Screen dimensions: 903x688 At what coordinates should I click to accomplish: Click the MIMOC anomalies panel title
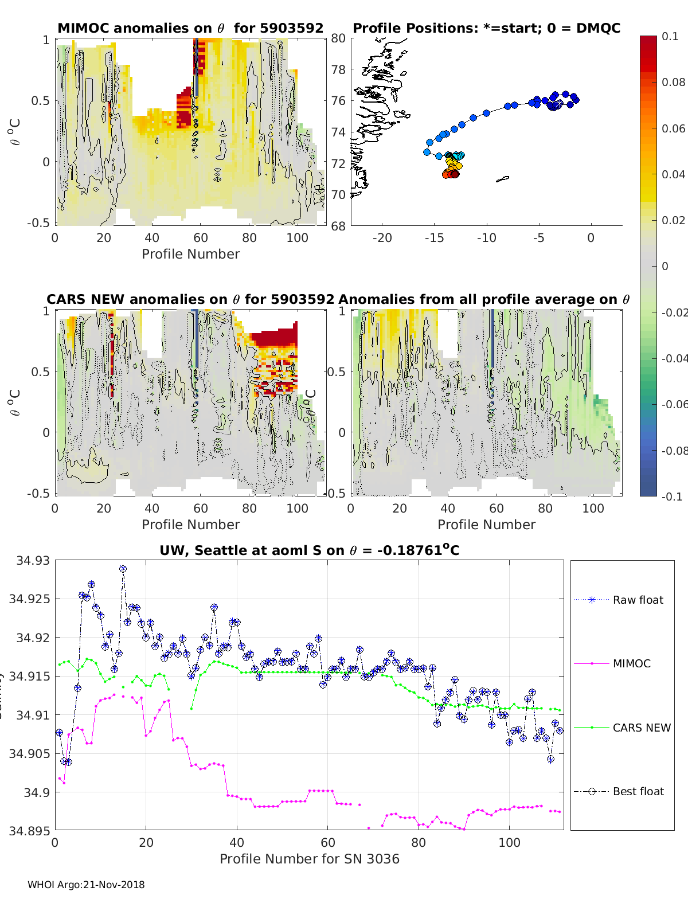pyautogui.click(x=190, y=28)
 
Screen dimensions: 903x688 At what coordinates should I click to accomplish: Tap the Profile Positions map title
pyautogui.click(x=486, y=28)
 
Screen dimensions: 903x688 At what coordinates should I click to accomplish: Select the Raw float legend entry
pyautogui.click(x=638, y=600)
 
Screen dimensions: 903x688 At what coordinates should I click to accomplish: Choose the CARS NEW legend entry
pyautogui.click(x=641, y=728)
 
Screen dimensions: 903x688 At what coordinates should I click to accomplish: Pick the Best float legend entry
pyautogui.click(x=638, y=791)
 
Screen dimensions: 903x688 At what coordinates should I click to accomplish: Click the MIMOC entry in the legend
pyautogui.click(x=631, y=663)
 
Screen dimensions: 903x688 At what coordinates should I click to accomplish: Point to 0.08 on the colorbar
pyautogui.click(x=673, y=82)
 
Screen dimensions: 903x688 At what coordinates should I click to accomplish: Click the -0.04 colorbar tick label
pyautogui.click(x=674, y=358)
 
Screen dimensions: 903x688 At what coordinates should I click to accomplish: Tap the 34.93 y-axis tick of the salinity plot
pyautogui.click(x=33, y=561)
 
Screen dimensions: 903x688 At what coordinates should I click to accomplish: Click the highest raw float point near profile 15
pyautogui.click(x=123, y=569)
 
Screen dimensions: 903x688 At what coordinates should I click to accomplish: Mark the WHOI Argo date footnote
pyautogui.click(x=86, y=885)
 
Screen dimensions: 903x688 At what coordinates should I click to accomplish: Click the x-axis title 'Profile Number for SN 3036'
pyautogui.click(x=309, y=859)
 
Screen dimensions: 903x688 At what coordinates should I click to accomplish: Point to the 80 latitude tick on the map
pyautogui.click(x=338, y=38)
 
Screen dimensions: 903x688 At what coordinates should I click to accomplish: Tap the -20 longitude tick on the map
pyautogui.click(x=382, y=238)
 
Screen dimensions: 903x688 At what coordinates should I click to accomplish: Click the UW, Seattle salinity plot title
pyautogui.click(x=309, y=550)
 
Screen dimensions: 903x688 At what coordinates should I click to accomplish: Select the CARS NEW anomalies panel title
pyautogui.click(x=190, y=299)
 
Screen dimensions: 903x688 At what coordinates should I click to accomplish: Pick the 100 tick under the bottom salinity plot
pyautogui.click(x=509, y=843)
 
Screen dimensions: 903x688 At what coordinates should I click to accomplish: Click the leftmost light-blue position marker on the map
pyautogui.click(x=427, y=152)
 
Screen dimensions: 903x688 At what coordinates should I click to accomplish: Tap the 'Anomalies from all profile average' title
pyautogui.click(x=484, y=299)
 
